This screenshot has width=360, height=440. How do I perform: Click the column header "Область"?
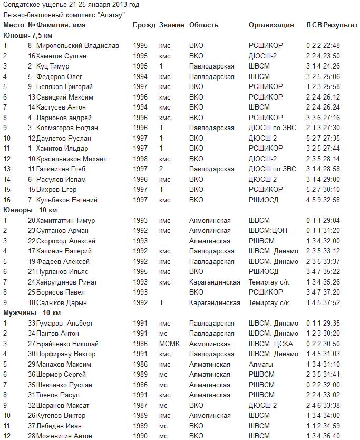[203, 25]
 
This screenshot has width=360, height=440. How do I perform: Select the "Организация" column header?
[271, 25]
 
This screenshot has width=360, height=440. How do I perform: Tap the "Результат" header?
[340, 25]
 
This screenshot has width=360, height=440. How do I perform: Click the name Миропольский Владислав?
[77, 45]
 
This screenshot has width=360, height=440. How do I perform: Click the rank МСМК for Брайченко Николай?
[169, 344]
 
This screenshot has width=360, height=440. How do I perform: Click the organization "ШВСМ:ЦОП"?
[268, 230]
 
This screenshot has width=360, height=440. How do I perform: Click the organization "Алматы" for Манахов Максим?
[261, 364]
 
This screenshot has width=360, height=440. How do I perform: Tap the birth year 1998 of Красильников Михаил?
[140, 159]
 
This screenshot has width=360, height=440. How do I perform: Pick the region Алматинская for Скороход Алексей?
[209, 241]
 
